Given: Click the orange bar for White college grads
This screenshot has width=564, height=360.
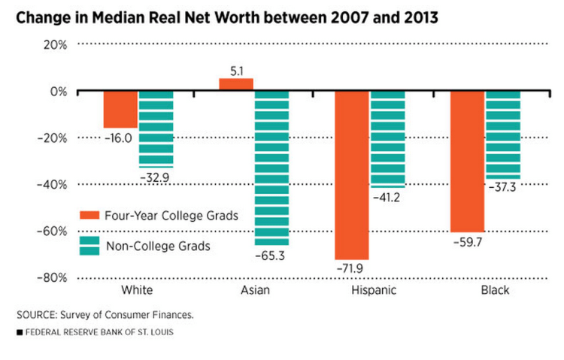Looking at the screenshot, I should (x=120, y=110).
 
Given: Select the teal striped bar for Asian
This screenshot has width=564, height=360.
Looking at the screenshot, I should (x=271, y=168).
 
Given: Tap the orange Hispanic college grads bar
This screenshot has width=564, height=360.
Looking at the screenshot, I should (x=352, y=175).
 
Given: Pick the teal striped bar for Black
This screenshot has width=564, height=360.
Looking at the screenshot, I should (x=502, y=135).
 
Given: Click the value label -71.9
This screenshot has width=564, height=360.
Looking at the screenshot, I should (x=352, y=268).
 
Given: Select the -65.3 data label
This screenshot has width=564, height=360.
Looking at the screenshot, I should (x=271, y=256).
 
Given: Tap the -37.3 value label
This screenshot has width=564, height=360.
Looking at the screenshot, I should (x=502, y=189).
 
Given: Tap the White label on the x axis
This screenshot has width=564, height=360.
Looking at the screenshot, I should (x=138, y=290).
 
